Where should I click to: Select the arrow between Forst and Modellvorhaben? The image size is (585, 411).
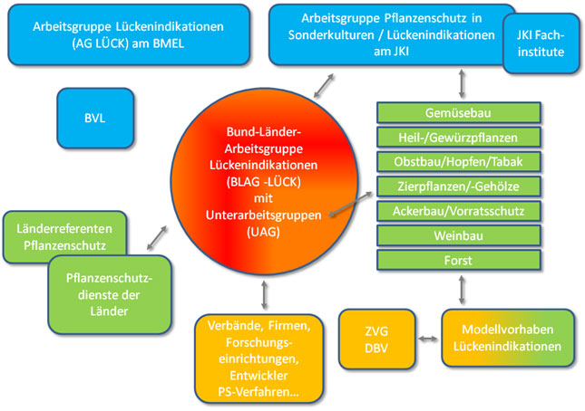click(x=463, y=290)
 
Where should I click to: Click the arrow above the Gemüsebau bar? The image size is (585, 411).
click(x=463, y=83)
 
